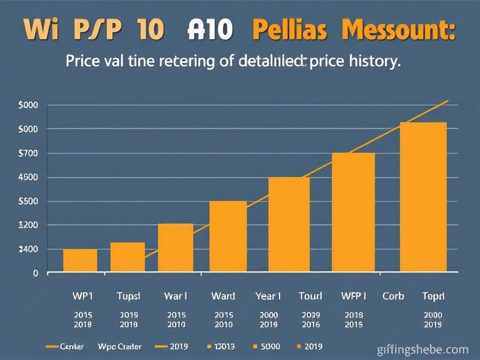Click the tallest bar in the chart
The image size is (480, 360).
click(x=423, y=197)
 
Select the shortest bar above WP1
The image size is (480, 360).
click(x=80, y=260)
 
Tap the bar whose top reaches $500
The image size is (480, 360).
click(x=227, y=236)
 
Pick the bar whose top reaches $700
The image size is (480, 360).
click(x=353, y=212)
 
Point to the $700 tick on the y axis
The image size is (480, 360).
click(x=28, y=154)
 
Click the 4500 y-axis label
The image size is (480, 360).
click(x=28, y=178)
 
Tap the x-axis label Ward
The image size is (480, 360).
click(x=223, y=296)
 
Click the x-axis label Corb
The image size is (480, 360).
click(x=394, y=296)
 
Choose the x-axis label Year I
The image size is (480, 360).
click(x=267, y=296)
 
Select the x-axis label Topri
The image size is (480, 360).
click(x=433, y=296)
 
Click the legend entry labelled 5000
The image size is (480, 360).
click(x=267, y=347)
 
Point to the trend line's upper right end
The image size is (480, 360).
click(x=448, y=101)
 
